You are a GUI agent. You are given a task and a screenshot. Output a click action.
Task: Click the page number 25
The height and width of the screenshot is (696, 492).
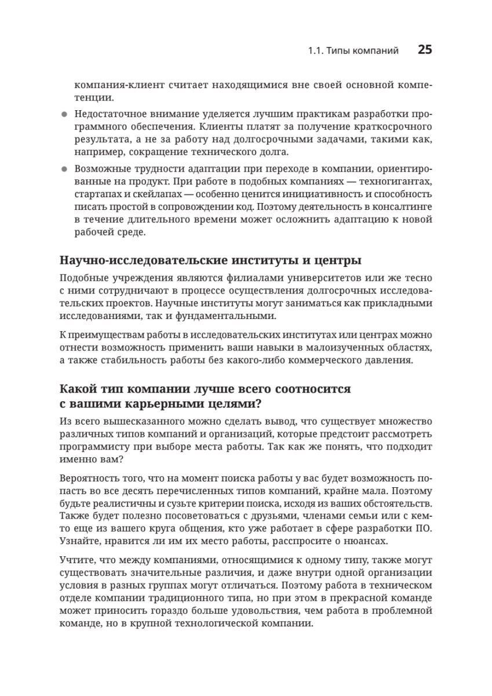[425, 50]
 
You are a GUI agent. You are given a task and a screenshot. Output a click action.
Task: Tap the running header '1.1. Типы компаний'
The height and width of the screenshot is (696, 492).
[353, 51]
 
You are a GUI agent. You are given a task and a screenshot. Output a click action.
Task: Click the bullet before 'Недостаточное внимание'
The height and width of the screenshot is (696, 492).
[64, 114]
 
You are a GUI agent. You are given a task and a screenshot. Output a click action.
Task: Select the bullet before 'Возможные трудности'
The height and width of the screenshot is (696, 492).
[64, 169]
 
